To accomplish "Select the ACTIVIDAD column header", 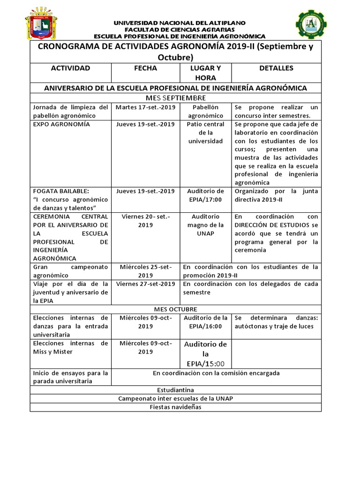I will click(x=70, y=68).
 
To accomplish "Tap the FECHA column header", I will click(x=145, y=68).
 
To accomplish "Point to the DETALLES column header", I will click(x=276, y=68).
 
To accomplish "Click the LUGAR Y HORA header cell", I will click(x=205, y=73).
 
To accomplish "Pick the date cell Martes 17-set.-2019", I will click(x=145, y=107).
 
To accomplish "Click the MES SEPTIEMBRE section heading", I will click(x=176, y=97).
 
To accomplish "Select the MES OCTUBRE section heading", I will click(x=176, y=309).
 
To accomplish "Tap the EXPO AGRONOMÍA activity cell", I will click(x=61, y=124).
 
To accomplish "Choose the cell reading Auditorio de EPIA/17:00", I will click(x=205, y=195).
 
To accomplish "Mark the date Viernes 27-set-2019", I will click(x=145, y=284).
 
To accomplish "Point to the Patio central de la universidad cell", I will click(x=205, y=133).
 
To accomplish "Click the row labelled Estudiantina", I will click(x=176, y=390).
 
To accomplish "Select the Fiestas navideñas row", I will click(x=176, y=407).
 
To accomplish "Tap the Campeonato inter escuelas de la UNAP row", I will click(x=176, y=398).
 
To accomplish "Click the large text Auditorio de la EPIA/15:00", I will click(x=205, y=353).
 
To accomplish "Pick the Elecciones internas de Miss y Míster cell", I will click(x=70, y=347).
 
